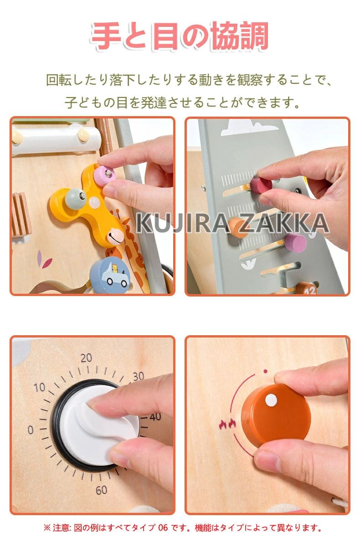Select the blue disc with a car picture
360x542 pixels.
tap(109, 272)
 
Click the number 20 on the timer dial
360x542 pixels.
tap(86, 358)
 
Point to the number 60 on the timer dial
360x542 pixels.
tap(101, 490)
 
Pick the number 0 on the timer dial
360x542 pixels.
tap(31, 430)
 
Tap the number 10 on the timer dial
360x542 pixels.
tap(40, 388)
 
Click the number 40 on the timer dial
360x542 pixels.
tap(155, 417)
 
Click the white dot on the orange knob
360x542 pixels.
tap(272, 400)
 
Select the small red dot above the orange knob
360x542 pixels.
tap(265, 372)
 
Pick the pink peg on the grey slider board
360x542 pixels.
tap(296, 243)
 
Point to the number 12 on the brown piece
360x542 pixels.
tap(310, 291)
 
